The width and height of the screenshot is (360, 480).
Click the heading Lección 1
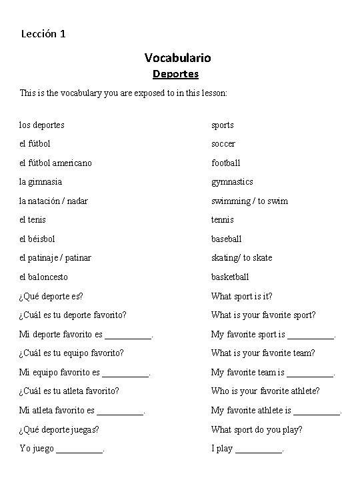43,33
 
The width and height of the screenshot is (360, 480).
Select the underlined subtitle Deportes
175,74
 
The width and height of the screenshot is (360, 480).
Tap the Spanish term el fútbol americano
55,163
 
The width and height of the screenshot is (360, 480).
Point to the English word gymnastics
232,182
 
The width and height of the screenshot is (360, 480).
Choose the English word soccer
223,144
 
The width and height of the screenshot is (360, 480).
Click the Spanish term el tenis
33,220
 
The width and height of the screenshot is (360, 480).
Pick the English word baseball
227,239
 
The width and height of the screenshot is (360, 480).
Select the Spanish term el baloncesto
44,277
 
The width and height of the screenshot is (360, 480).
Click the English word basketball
230,277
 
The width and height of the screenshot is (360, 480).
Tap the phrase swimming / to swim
250,201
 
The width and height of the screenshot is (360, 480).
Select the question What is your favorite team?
263,353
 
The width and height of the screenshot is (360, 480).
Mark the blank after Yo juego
80,452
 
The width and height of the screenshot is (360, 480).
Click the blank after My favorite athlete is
317,414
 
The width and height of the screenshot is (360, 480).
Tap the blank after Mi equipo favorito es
126,376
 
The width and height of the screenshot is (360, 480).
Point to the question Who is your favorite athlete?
265,391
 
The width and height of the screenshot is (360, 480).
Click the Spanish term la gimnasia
41,182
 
